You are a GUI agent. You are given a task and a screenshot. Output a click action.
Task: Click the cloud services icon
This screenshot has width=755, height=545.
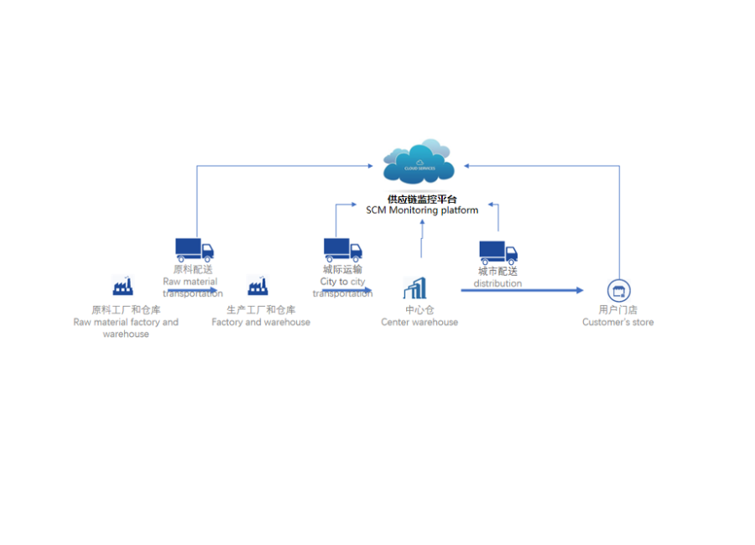tap(419, 163)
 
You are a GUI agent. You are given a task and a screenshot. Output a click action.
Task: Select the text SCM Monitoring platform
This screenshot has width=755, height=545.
tap(422, 210)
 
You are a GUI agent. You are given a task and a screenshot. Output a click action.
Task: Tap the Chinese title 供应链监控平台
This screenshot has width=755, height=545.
tap(422, 200)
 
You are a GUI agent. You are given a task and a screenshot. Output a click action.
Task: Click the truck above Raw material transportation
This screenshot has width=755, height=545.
tap(195, 249)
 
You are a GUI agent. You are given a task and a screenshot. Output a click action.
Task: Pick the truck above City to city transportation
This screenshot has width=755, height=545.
tap(342, 249)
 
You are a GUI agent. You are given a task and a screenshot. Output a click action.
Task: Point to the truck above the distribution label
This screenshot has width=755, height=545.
tap(498, 252)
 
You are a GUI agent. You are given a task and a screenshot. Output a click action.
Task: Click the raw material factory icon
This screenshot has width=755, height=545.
tap(123, 286)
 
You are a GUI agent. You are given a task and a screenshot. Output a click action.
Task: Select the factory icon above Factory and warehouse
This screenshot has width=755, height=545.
tap(258, 286)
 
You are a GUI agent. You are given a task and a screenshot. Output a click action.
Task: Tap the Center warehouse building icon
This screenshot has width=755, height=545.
tap(415, 288)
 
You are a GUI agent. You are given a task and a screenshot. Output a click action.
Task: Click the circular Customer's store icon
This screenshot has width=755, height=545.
tap(619, 291)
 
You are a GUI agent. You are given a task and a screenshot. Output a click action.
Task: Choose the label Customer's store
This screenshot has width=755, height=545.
tap(618, 323)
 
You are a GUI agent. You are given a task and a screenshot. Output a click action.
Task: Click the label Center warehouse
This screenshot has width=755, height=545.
tap(419, 323)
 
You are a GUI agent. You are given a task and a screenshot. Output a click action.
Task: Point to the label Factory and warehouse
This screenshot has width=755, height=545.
tap(261, 323)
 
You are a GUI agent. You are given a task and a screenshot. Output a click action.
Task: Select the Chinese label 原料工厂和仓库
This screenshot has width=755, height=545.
tap(126, 310)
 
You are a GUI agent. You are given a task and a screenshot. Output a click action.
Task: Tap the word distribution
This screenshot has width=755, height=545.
tap(497, 283)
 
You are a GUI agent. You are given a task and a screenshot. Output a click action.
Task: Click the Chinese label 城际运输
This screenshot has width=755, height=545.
tap(342, 270)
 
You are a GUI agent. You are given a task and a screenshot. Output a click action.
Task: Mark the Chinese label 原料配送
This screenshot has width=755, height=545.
tap(193, 270)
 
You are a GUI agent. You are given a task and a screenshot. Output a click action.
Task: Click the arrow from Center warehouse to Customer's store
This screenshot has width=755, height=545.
tap(520, 291)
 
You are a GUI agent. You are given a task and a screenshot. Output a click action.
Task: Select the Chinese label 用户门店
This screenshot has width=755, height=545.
tap(618, 310)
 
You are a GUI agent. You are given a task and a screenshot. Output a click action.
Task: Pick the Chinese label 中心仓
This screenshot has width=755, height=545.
tap(419, 310)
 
